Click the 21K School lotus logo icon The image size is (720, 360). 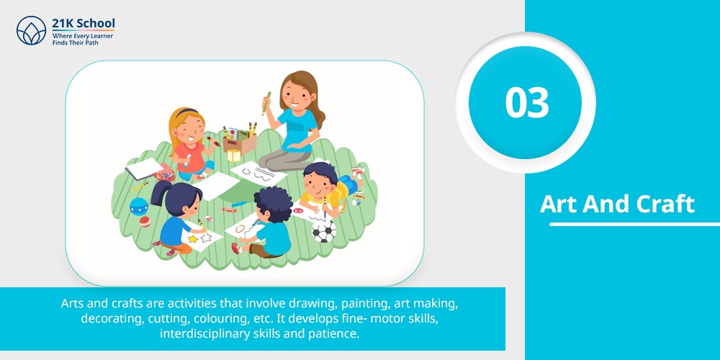tap(31, 30)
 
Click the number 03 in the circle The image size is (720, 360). tap(527, 102)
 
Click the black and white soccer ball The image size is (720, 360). tap(324, 231)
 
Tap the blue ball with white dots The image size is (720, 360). tap(139, 206)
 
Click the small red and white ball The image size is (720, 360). tap(145, 222)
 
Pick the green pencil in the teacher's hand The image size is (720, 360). tap(266, 103)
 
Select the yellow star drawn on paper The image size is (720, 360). tap(193, 239)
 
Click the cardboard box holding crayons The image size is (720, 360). tap(240, 142)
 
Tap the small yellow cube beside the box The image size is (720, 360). tap(234, 156)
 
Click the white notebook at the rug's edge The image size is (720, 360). tap(143, 168)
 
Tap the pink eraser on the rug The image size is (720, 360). tap(209, 219)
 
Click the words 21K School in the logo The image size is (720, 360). tap(84, 24)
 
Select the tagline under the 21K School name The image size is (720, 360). tap(83, 39)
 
